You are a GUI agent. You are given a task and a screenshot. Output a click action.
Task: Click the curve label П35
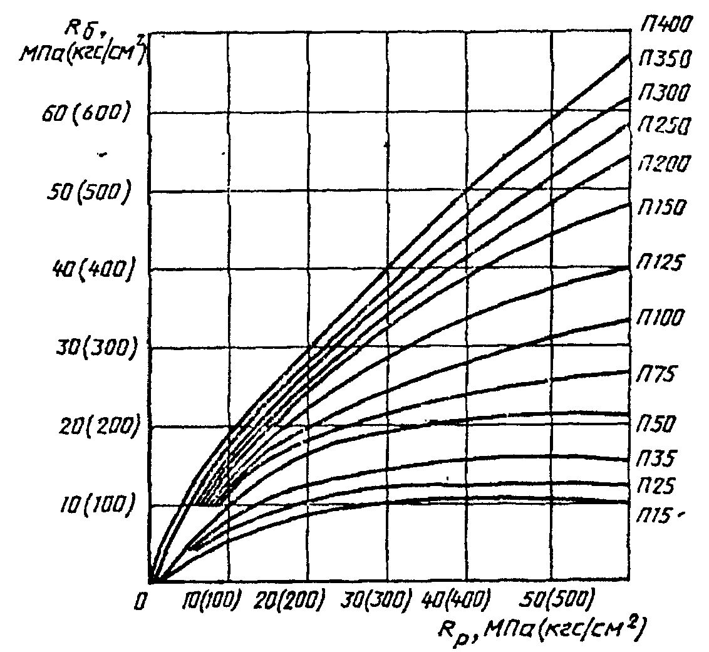[658, 459]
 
